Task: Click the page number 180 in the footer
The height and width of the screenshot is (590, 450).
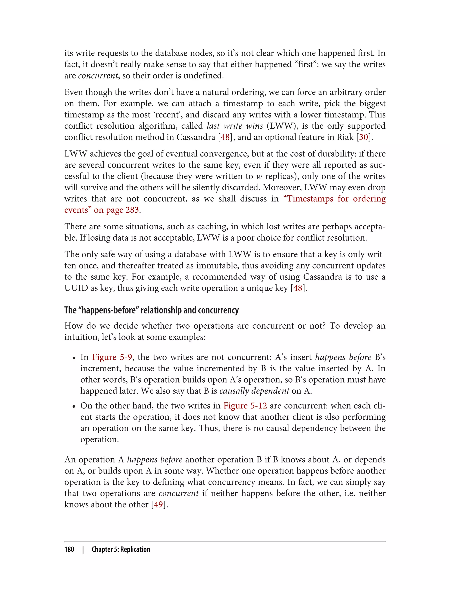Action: point(69,549)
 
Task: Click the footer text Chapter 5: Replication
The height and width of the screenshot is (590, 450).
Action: point(121,549)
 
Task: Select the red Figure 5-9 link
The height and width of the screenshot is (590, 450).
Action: point(112,357)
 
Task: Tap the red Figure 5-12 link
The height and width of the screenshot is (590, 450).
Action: point(245,406)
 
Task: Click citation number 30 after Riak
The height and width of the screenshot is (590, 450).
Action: point(363,137)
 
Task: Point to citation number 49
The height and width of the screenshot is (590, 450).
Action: point(158,504)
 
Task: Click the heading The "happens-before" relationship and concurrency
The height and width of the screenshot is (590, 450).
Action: point(151,310)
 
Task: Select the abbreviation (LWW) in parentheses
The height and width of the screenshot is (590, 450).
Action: point(280,126)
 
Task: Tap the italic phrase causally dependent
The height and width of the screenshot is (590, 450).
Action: point(254,391)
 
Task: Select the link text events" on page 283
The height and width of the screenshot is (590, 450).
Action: point(102,210)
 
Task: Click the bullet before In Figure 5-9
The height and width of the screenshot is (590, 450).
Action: point(74,358)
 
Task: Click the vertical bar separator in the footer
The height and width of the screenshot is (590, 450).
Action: point(83,549)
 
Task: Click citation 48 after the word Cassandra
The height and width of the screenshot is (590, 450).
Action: point(225,137)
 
